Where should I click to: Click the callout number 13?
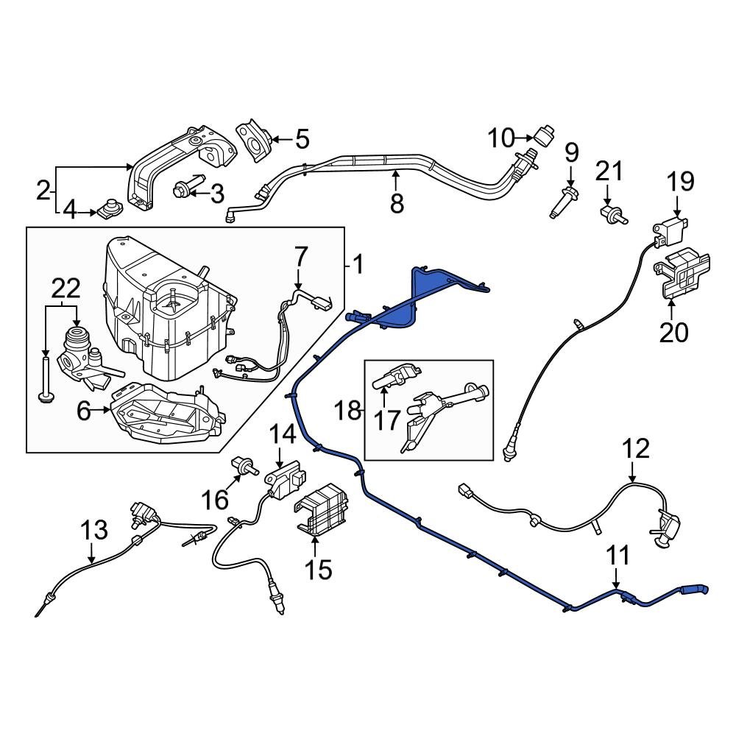[x=93, y=530]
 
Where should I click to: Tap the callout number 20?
[x=673, y=333]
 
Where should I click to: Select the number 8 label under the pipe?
[x=397, y=203]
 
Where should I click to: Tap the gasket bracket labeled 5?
[x=254, y=140]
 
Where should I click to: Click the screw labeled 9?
[x=564, y=202]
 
